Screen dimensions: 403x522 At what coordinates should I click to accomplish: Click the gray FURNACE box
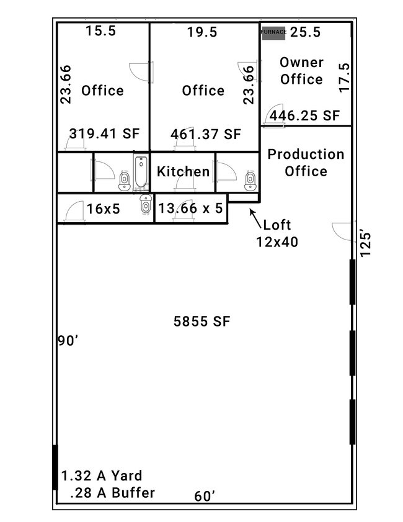pyautogui.click(x=273, y=33)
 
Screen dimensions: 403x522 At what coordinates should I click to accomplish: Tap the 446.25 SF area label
pyautogui.click(x=304, y=115)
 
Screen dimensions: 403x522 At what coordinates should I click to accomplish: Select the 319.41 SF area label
pyautogui.click(x=104, y=133)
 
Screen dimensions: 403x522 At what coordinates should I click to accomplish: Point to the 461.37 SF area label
pyautogui.click(x=205, y=134)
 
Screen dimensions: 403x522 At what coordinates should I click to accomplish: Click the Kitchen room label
pyautogui.click(x=184, y=171)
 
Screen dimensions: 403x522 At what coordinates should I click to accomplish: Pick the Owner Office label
pyautogui.click(x=301, y=71)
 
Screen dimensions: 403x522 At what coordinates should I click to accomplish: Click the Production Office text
pyautogui.click(x=306, y=163)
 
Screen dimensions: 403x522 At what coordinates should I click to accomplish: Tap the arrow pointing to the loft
pyautogui.click(x=255, y=218)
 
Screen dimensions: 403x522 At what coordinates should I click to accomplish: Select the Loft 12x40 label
pyautogui.click(x=277, y=233)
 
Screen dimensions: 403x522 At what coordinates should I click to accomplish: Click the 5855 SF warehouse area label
pyautogui.click(x=202, y=322)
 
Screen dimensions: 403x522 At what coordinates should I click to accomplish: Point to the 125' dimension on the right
pyautogui.click(x=365, y=245)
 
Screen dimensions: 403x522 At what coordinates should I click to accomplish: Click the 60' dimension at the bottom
pyautogui.click(x=204, y=496)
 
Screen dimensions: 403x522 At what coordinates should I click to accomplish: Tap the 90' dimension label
pyautogui.click(x=68, y=341)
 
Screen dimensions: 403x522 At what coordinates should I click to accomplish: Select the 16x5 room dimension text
pyautogui.click(x=103, y=209)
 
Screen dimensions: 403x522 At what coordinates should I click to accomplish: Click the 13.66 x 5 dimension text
pyautogui.click(x=190, y=208)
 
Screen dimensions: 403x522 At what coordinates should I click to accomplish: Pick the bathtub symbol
pyautogui.click(x=141, y=172)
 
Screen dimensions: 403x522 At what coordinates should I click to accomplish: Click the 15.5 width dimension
pyautogui.click(x=100, y=30)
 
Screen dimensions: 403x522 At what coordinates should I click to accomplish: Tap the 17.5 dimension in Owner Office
pyautogui.click(x=345, y=78)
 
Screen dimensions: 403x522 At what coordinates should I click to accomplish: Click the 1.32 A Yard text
pyautogui.click(x=102, y=475)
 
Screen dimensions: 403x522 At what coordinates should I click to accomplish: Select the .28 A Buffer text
pyautogui.click(x=112, y=493)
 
